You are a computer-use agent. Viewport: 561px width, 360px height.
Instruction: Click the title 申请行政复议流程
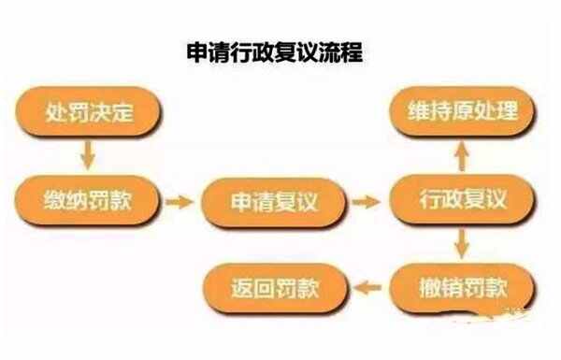coord(274,52)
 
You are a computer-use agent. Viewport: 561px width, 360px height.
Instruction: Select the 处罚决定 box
coord(88,111)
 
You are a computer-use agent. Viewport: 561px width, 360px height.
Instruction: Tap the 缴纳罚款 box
coord(87,200)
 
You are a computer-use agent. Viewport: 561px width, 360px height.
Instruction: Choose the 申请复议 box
coord(274,202)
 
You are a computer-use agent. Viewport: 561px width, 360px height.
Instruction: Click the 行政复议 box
coord(462,199)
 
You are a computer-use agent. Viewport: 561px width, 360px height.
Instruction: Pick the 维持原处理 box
coord(462,111)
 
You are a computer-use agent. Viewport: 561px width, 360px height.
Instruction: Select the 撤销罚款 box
coord(462,289)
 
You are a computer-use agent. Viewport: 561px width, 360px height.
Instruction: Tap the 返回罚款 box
coord(275,288)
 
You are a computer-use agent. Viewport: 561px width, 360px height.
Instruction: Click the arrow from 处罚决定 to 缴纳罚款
coord(88,155)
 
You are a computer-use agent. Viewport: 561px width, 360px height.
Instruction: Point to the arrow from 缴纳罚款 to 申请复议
coord(180,202)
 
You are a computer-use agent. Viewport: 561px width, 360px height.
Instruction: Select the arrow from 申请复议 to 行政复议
coord(367,202)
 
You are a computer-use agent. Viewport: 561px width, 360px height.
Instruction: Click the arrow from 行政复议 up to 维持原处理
coord(462,155)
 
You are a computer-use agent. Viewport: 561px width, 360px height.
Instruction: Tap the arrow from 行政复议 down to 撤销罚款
coord(462,243)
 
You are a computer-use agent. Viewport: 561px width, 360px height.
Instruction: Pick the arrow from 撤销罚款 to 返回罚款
coord(367,287)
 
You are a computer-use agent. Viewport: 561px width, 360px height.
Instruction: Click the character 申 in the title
coord(197,53)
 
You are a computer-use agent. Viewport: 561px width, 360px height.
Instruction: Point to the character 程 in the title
coord(352,52)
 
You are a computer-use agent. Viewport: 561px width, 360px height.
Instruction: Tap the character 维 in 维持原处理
coord(419,111)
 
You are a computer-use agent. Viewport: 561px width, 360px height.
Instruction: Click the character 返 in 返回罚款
coord(242,288)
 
